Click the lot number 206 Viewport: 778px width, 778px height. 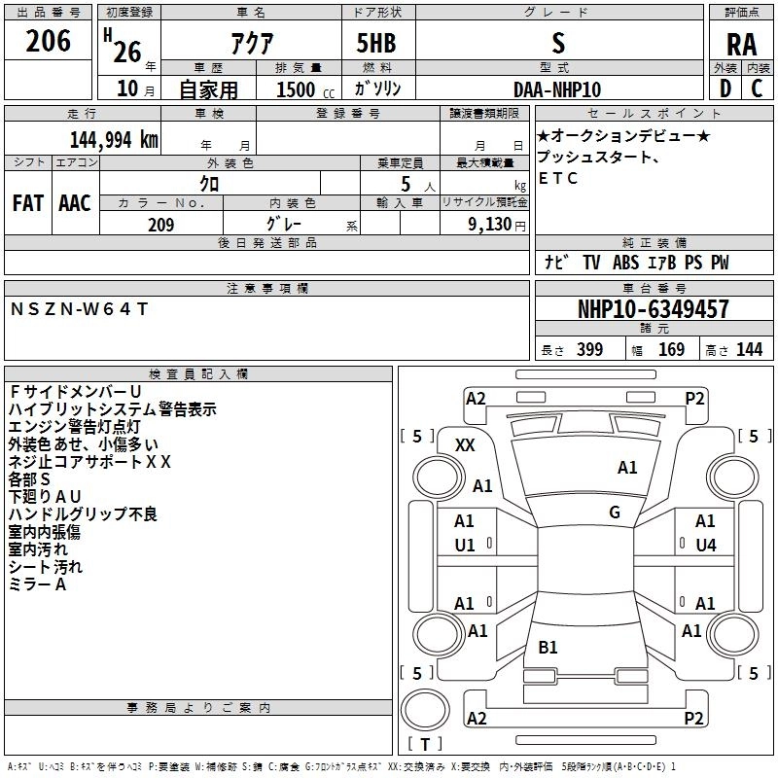point(48,42)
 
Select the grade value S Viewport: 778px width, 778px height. point(557,44)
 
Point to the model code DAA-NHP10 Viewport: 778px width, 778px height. point(557,89)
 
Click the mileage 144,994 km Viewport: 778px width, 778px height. point(114,138)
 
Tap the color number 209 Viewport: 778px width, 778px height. point(160,225)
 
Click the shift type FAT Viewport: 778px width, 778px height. point(28,203)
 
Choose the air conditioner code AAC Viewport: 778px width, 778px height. point(74,203)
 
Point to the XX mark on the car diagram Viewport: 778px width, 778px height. point(465,444)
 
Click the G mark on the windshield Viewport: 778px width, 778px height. point(615,513)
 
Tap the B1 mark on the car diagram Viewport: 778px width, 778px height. point(548,647)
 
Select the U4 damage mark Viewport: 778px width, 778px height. point(705,546)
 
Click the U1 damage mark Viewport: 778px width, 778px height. point(465,546)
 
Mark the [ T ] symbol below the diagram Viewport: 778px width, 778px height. point(424,744)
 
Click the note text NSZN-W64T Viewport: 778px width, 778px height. point(79,308)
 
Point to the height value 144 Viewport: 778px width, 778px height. point(749,350)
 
